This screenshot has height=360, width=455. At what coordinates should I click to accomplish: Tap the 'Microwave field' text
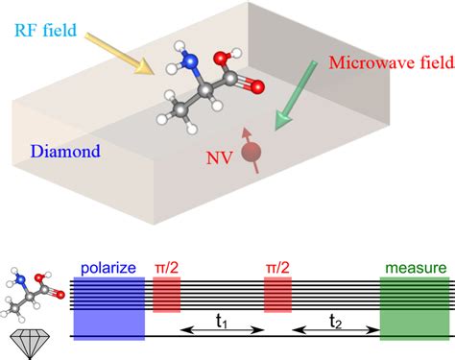pyautogui.click(x=385, y=63)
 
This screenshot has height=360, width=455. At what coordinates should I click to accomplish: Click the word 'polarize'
pyautogui.click(x=109, y=266)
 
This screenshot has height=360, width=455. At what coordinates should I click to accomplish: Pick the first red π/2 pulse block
pyautogui.click(x=167, y=294)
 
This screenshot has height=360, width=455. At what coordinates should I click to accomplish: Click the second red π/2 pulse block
pyautogui.click(x=277, y=294)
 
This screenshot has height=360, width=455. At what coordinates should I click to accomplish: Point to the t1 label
pyautogui.click(x=223, y=338)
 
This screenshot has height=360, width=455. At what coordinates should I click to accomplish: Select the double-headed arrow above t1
pyautogui.click(x=223, y=327)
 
